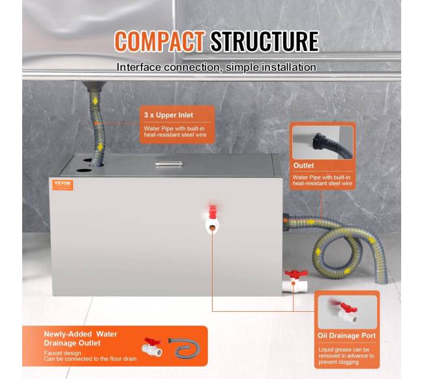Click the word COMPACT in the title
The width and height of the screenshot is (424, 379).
(160, 41)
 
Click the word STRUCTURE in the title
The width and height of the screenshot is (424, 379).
(265, 41)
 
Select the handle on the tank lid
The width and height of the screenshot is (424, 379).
(169, 164)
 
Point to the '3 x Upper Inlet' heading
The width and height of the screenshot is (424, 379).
(168, 115)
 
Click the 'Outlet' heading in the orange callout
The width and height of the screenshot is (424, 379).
(304, 166)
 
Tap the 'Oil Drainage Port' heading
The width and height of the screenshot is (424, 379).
(346, 336)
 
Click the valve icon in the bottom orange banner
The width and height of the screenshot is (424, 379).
(152, 347)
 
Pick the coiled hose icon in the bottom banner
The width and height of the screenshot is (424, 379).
(185, 348)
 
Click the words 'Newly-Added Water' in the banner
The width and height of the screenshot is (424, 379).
(81, 334)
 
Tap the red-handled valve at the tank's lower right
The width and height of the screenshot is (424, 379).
(295, 281)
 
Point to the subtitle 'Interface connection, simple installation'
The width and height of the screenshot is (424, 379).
(217, 67)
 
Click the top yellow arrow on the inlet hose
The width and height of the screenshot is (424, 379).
(95, 101)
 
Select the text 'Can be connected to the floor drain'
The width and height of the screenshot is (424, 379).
(90, 359)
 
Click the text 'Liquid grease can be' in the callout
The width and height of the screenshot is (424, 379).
(344, 350)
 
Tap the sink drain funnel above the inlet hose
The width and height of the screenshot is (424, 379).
(95, 87)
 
